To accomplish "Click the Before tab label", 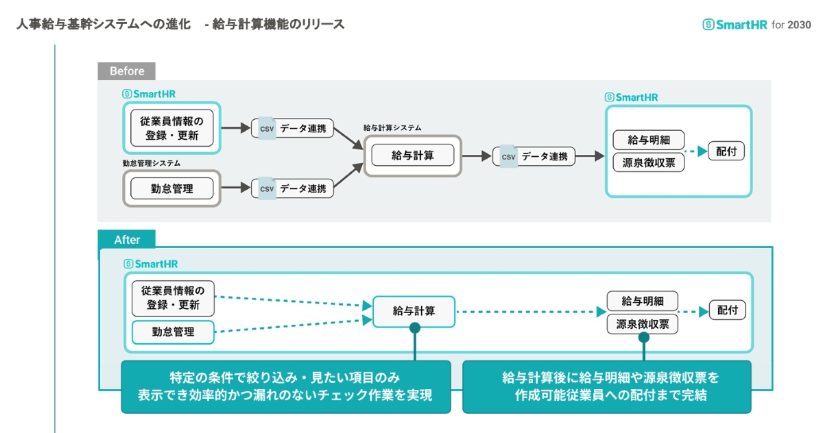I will coord(127,71).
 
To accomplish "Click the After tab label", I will coord(127,240).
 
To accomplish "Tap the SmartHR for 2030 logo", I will coord(756,25).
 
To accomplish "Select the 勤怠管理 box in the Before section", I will coord(172,188).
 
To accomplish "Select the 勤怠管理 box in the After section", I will coord(173,332).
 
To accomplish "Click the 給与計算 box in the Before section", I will coord(413,156).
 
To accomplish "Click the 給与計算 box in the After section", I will coord(414,311).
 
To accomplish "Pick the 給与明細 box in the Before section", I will coord(648,140).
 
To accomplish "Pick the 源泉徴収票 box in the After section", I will coord(643,323).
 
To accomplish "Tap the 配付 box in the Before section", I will coord(726,151).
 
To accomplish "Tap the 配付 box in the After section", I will coord(727,310).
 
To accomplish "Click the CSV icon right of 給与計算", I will coord(508,156).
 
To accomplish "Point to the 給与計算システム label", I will coord(392,128).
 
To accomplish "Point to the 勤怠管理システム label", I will coord(152,163).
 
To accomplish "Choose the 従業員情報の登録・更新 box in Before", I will coord(172,128).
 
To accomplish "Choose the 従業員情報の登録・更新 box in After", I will coord(173,298).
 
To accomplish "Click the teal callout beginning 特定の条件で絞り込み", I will coord(286,386).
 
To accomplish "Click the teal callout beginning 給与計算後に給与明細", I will coord(606,386).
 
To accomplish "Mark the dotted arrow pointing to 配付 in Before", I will coord(695,151).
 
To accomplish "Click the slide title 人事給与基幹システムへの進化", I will coord(103,25).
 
